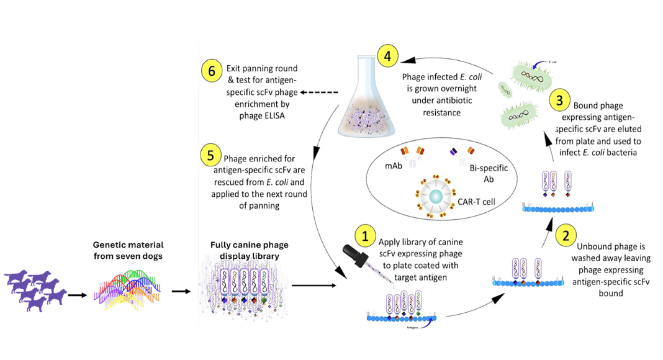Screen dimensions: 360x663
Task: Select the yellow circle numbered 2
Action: click(566, 236)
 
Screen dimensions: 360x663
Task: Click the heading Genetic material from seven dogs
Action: click(129, 250)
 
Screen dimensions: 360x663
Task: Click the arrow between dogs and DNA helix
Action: click(78, 294)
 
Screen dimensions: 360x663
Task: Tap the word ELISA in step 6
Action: click(273, 115)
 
